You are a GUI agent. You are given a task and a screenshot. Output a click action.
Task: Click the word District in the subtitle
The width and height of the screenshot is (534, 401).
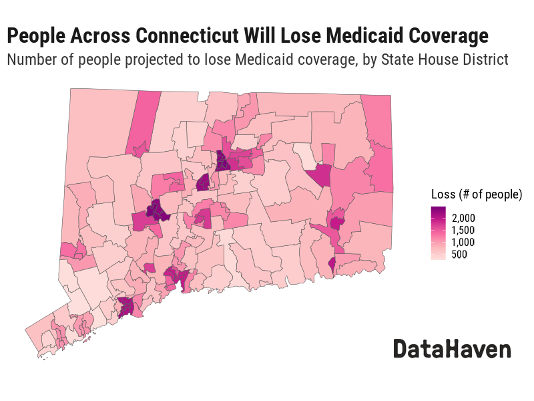[485, 60]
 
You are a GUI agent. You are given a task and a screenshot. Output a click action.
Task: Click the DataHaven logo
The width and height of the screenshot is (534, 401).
[451, 349]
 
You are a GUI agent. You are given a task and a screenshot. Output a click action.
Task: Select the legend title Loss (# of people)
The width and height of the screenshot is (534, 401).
[476, 194]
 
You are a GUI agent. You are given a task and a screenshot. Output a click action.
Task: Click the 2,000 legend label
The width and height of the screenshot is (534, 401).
[463, 218]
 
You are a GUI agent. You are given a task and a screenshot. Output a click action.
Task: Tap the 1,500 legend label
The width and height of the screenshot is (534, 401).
[463, 230]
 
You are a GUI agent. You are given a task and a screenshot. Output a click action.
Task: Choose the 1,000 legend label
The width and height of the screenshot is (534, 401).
[463, 242]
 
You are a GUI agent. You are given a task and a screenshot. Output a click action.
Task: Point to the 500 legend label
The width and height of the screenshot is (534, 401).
[459, 255]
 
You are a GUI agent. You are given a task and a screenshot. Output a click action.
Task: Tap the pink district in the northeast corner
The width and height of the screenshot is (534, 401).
[378, 120]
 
